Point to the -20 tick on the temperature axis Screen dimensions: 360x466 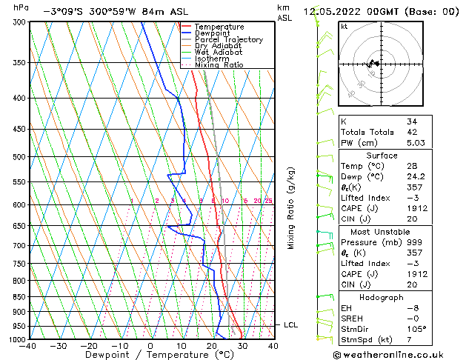tap(89, 346)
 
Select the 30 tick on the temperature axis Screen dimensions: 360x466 tap(242, 346)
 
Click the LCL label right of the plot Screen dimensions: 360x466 tap(291, 324)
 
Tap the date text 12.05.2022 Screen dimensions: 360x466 tap(333, 11)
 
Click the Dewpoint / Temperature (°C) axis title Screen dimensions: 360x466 tap(151, 355)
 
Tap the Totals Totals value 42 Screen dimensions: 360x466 tap(412, 132)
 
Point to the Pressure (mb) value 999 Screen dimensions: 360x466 tap(414, 242)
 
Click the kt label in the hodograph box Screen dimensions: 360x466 tap(344, 26)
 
